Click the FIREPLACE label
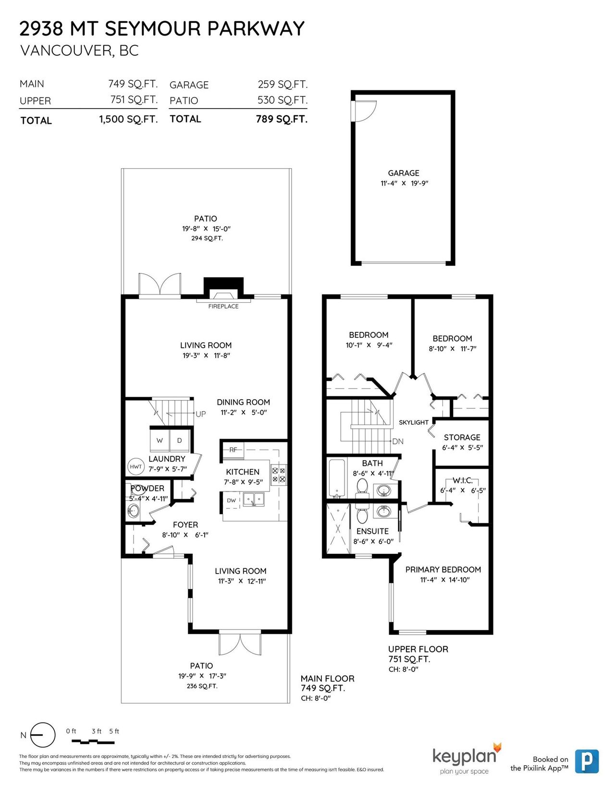(x=223, y=306)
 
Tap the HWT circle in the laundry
(x=135, y=466)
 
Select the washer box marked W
(x=160, y=440)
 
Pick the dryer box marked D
(x=180, y=440)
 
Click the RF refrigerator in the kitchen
(x=233, y=450)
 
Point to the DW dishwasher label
(x=231, y=501)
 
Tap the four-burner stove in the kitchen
(x=278, y=474)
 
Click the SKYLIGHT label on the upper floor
(x=414, y=422)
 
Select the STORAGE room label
(x=462, y=437)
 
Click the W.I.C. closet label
(x=463, y=480)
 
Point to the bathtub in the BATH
(x=336, y=479)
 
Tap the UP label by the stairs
(x=201, y=414)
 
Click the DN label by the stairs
(x=398, y=441)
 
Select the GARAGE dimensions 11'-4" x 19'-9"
(x=404, y=183)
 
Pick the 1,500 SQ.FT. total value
(x=128, y=119)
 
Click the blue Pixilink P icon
(x=587, y=761)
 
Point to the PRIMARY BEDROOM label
(x=443, y=570)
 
